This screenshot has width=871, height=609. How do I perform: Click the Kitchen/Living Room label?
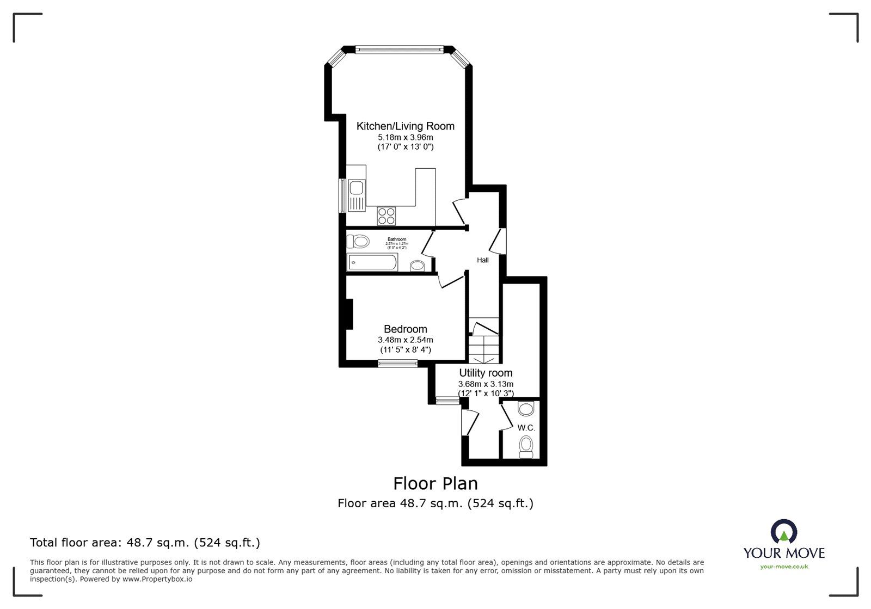click(405, 126)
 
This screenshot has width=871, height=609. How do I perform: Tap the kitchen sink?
click(357, 189)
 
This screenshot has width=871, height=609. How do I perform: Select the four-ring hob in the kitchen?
click(387, 216)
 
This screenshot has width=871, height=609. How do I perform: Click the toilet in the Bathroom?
click(358, 241)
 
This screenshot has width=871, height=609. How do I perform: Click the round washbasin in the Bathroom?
click(418, 266)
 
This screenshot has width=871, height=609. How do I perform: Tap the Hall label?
click(483, 260)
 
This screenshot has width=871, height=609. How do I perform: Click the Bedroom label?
click(405, 329)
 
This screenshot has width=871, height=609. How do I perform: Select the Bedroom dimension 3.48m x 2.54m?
click(405, 340)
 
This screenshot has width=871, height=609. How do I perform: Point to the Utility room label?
click(486, 373)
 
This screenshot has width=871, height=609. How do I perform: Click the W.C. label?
click(526, 428)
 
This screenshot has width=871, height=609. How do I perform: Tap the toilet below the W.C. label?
click(526, 446)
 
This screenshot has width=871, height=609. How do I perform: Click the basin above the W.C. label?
click(526, 409)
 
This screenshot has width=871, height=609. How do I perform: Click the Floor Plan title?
click(436, 483)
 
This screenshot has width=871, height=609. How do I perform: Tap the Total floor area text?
click(145, 543)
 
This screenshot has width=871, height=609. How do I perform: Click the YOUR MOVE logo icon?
click(784, 532)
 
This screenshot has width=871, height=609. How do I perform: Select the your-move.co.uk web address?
click(784, 567)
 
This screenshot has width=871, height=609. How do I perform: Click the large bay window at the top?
click(400, 50)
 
